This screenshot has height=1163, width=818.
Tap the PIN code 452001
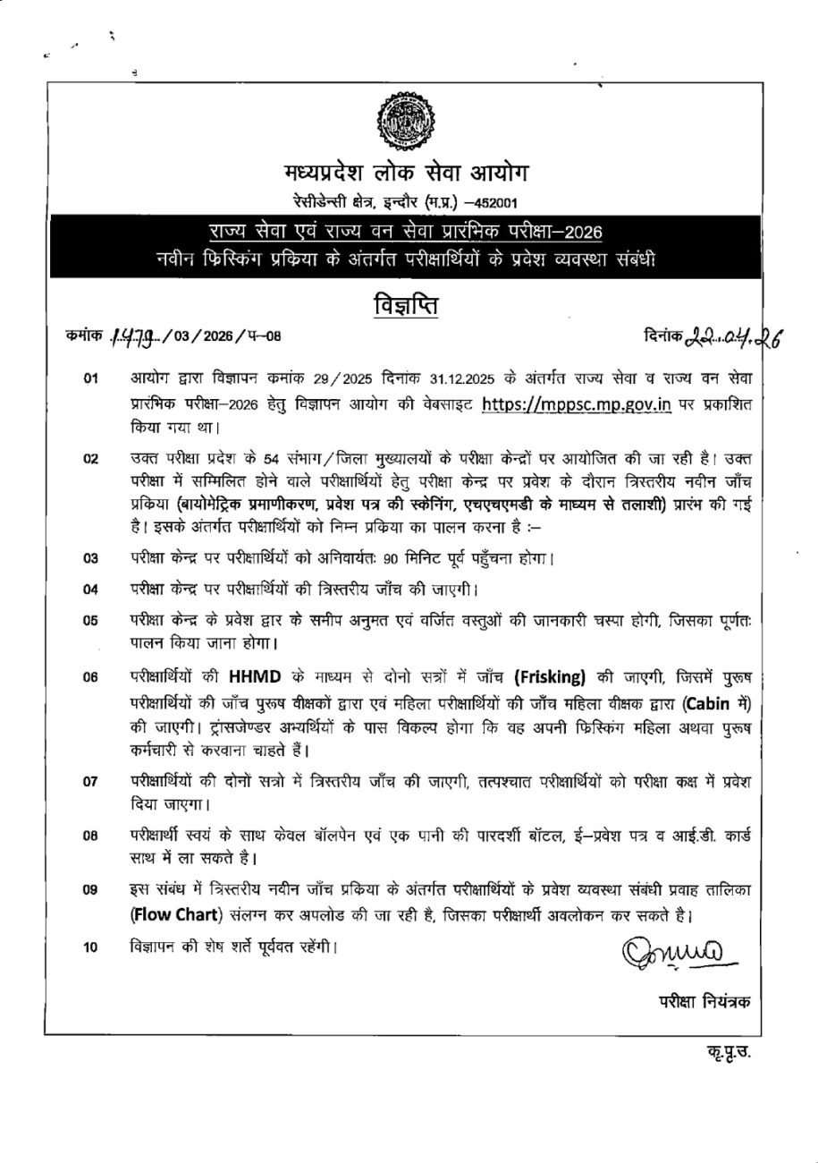pos(489,202)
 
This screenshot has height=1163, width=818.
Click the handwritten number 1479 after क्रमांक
pos(132,336)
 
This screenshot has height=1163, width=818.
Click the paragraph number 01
pos(90,380)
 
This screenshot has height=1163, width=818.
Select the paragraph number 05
pos(90,619)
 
